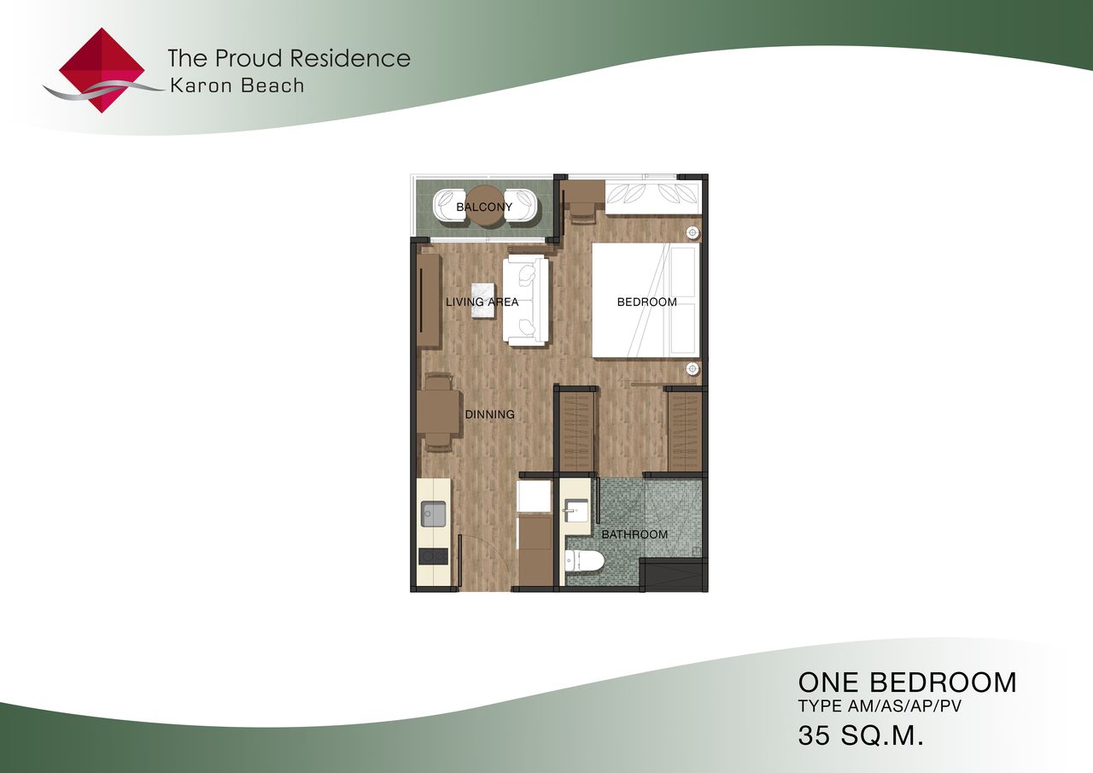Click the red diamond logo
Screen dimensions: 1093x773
click(102, 70)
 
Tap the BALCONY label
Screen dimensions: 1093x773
click(484, 207)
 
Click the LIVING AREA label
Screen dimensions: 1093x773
click(482, 302)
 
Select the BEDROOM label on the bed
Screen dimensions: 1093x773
click(646, 302)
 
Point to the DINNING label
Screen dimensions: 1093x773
click(489, 414)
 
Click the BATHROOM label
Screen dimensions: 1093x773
click(634, 535)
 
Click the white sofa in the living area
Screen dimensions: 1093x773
click(526, 302)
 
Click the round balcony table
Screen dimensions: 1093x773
click(487, 207)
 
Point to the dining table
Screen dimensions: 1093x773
click(439, 412)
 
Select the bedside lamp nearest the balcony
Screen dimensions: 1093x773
click(692, 233)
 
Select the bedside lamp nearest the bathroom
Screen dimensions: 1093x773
click(692, 368)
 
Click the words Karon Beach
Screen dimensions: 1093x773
click(237, 86)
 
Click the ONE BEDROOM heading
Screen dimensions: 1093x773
click(907, 682)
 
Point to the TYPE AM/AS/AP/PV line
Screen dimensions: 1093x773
click(880, 706)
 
